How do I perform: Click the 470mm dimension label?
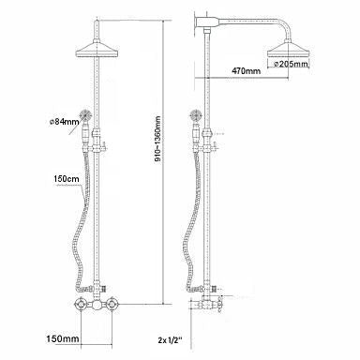[x=246, y=71]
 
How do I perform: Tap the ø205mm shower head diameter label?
[x=291, y=64]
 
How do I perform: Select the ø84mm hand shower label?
[x=64, y=122]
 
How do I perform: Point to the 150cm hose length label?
[x=67, y=179]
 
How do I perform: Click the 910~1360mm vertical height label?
[x=158, y=139]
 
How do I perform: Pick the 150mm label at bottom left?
[x=63, y=338]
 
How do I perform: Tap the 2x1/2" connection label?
[x=170, y=340]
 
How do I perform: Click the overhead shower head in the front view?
[x=97, y=51]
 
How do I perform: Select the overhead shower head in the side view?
[x=289, y=50]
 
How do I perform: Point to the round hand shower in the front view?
[x=85, y=114]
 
